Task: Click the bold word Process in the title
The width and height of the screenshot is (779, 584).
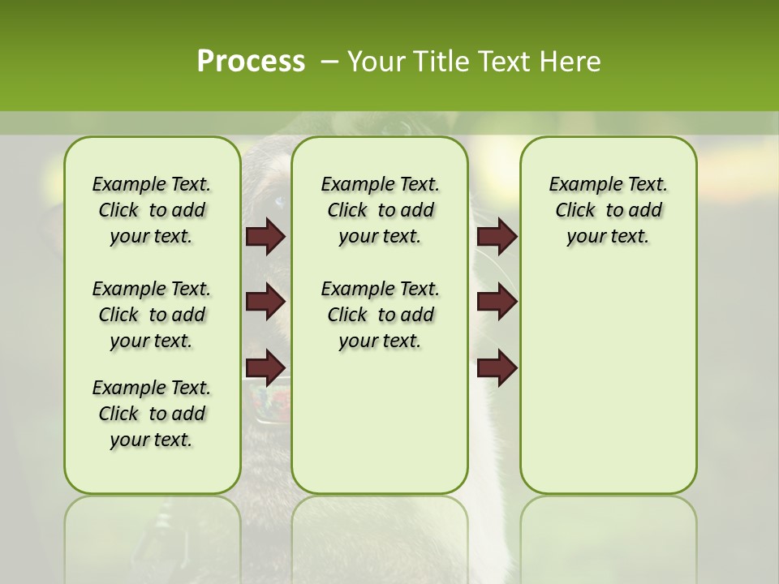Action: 251,61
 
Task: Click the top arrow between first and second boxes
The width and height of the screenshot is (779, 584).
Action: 265,236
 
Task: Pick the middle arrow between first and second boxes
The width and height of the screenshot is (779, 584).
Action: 265,302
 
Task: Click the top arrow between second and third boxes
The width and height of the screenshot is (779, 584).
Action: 497,236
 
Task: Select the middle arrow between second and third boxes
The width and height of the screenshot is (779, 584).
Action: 497,302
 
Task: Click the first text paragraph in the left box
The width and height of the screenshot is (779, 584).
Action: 152,210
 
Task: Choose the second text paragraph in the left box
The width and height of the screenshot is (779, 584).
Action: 152,315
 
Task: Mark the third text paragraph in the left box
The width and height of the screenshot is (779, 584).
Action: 152,414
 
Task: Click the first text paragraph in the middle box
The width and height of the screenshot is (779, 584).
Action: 380,210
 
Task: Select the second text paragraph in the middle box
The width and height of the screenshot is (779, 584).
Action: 380,315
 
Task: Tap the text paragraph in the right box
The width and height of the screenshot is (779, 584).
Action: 608,210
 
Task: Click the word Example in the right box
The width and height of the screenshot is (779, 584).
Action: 578,184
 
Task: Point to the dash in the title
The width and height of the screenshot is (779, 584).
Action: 329,61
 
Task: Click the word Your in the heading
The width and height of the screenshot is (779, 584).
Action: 377,61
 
